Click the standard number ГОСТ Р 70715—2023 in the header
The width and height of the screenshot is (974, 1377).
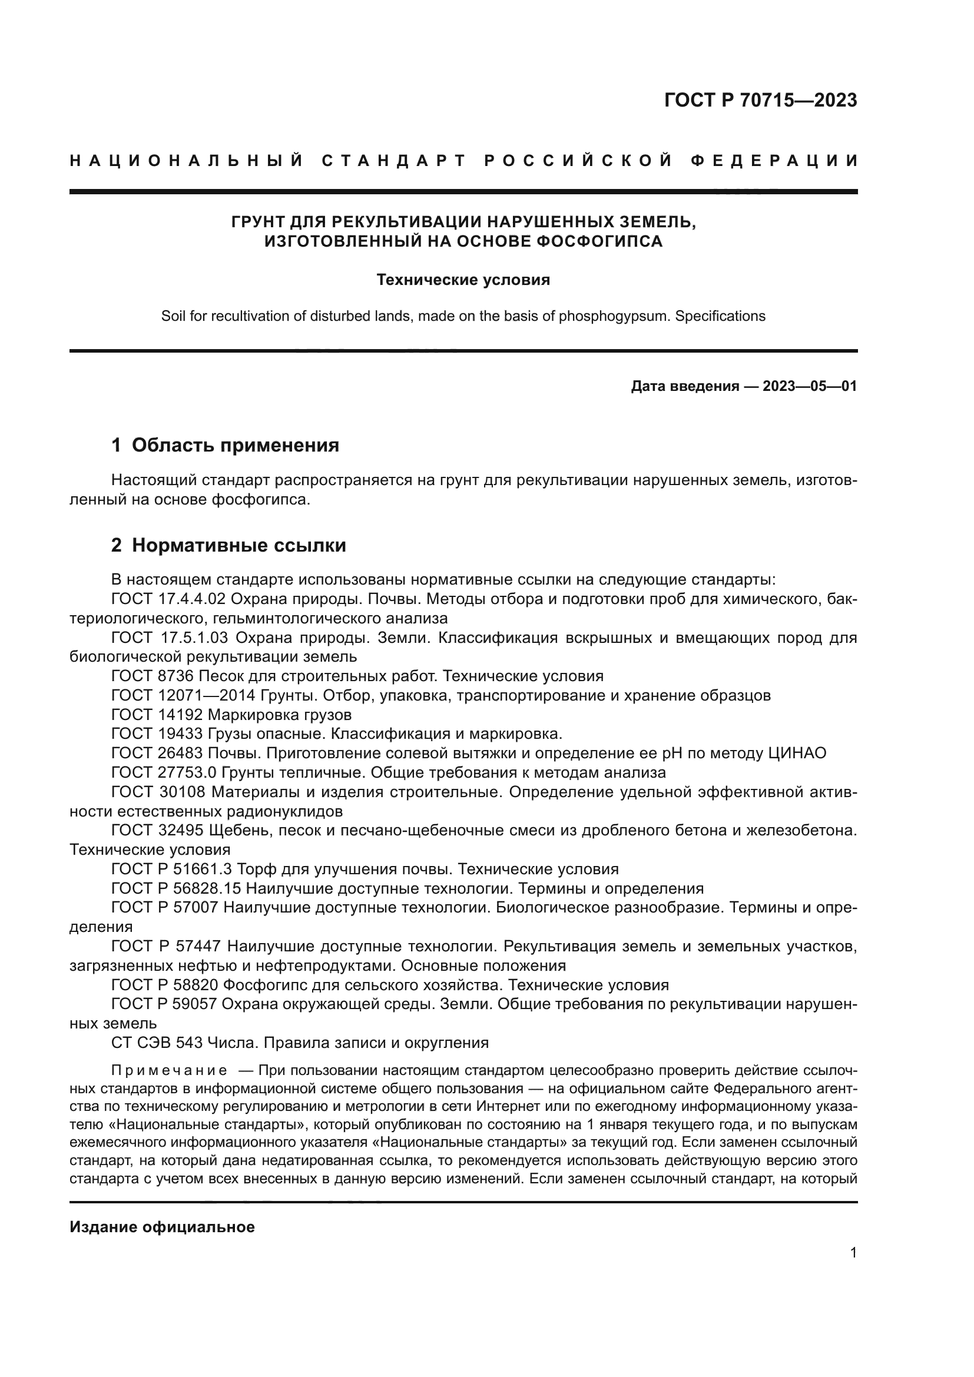click(x=760, y=100)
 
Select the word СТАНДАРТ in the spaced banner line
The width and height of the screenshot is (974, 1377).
click(x=394, y=161)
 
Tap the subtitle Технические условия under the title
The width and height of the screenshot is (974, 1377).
click(x=463, y=280)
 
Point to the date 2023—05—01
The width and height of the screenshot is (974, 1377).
click(x=810, y=386)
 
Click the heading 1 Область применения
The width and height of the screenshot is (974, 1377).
click(x=226, y=446)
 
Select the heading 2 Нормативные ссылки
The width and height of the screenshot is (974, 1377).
click(x=228, y=545)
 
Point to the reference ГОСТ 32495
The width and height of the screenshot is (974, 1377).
click(x=158, y=831)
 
